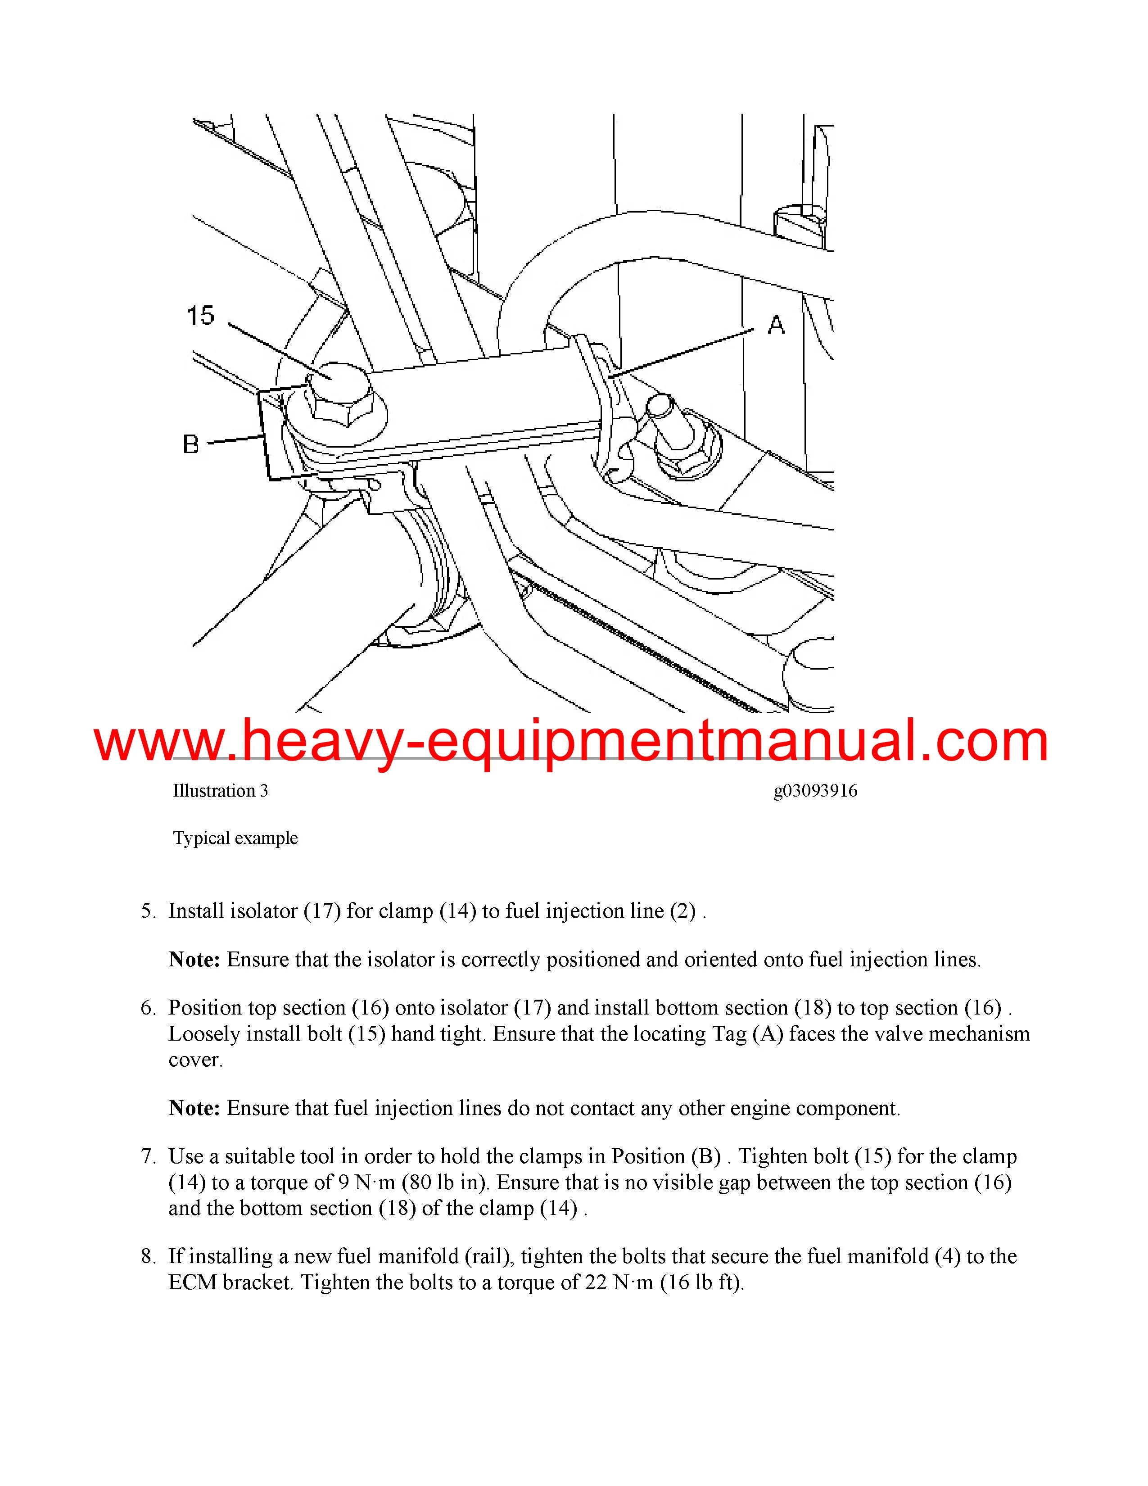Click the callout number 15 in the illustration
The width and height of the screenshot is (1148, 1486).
[x=201, y=316]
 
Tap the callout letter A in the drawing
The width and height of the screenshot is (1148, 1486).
[x=776, y=325]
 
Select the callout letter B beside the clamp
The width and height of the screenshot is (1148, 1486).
[x=191, y=445]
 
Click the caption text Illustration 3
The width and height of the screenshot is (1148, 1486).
[x=220, y=791]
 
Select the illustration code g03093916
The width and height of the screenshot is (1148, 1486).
[x=815, y=791]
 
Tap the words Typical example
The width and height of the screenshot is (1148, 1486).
[x=235, y=838]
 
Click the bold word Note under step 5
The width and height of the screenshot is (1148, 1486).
[x=194, y=959]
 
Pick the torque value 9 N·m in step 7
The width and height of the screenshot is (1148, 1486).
[x=366, y=1182]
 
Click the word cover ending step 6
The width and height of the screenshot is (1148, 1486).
[x=195, y=1060]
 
